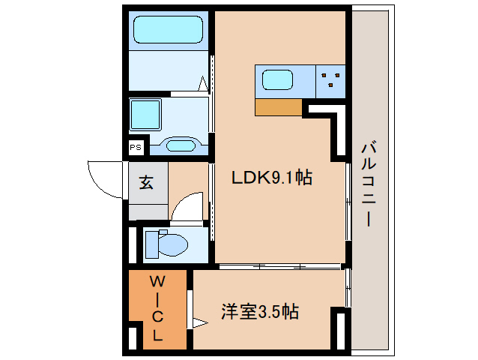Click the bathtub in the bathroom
[x=168, y=31]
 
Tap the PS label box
[x=136, y=147]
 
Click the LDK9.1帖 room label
[x=270, y=178]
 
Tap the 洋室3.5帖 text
[x=259, y=311]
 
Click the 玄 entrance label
[x=146, y=182]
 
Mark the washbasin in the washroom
[x=180, y=144]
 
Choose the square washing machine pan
[x=145, y=115]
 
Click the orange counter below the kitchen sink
[x=278, y=108]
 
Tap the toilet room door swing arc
[x=187, y=207]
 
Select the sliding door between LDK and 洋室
[x=279, y=266]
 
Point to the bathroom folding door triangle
[x=204, y=84]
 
